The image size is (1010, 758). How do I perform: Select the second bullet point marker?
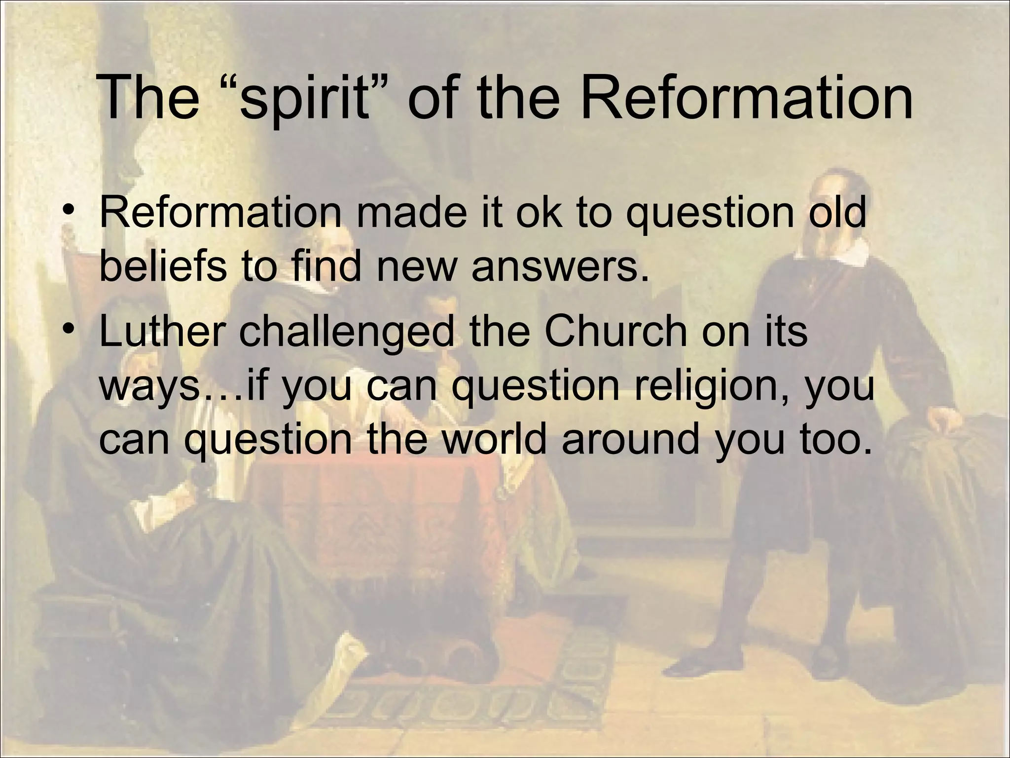point(69,328)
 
